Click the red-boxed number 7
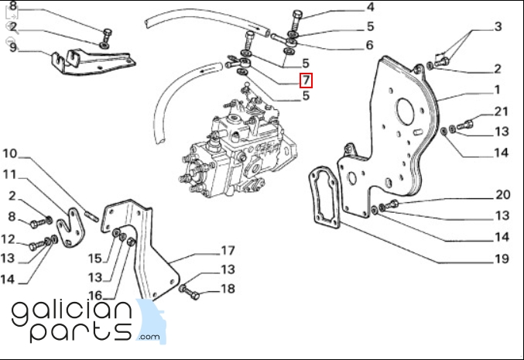pyautogui.click(x=307, y=80)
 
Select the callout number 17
pyautogui.click(x=227, y=251)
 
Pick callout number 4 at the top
pyautogui.click(x=369, y=8)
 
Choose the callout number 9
pyautogui.click(x=13, y=47)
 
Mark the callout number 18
pyautogui.click(x=227, y=289)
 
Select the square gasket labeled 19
pyautogui.click(x=325, y=197)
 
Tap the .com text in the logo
pyautogui.click(x=149, y=337)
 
